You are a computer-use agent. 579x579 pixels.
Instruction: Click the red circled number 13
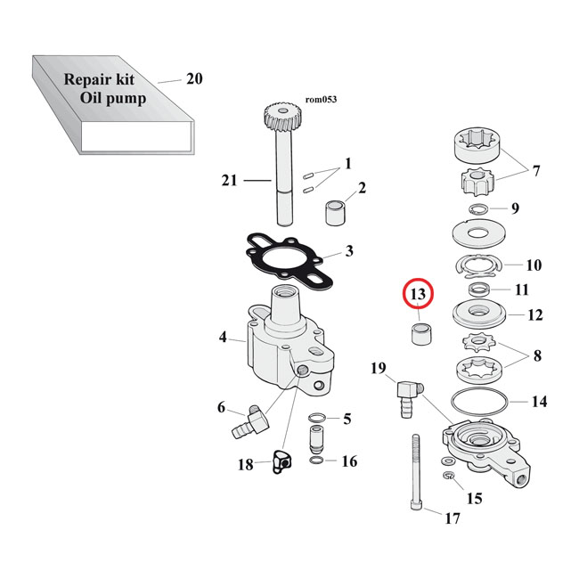pyautogui.click(x=418, y=294)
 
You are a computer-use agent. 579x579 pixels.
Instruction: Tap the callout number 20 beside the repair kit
pyautogui.click(x=194, y=79)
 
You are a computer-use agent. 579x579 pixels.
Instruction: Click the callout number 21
pyautogui.click(x=229, y=181)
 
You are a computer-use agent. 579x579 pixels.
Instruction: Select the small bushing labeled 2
pyautogui.click(x=336, y=213)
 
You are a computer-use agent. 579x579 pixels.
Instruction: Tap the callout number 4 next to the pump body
pyautogui.click(x=224, y=338)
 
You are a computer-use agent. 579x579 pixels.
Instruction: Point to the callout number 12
pyautogui.click(x=535, y=314)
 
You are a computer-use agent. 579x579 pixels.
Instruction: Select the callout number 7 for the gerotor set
pyautogui.click(x=535, y=170)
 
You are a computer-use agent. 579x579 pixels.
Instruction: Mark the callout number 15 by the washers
pyautogui.click(x=474, y=499)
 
